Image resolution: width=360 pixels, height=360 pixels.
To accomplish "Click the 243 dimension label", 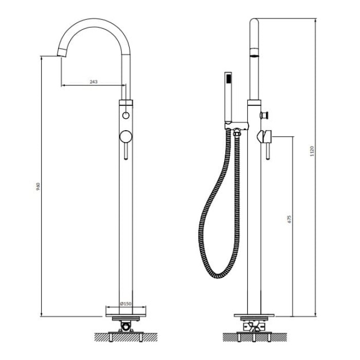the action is click(94, 82).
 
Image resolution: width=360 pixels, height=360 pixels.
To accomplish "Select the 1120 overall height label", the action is click(312, 151).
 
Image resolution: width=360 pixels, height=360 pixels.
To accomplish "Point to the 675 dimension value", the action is click(289, 219).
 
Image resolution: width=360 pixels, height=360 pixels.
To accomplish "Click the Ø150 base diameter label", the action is click(126, 304).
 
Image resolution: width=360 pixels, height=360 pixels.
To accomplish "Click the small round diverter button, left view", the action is click(126, 115).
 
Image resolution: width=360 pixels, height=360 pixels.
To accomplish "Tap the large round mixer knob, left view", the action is click(126, 137).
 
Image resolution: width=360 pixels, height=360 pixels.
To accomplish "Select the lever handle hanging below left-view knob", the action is click(126, 151).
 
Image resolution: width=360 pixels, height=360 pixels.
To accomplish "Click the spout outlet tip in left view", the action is click(62, 53).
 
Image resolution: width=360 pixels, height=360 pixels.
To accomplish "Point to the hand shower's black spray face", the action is click(228, 79).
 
